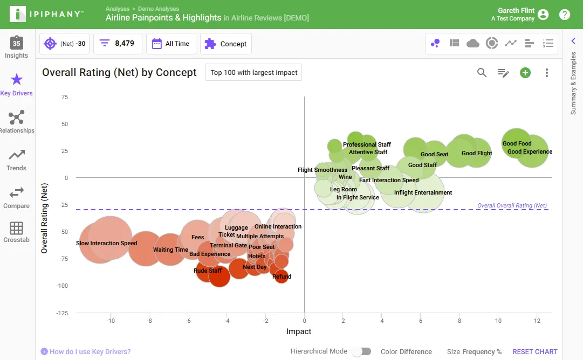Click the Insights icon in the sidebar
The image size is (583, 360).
16,43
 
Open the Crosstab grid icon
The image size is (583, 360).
16,228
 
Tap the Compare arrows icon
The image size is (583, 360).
16,192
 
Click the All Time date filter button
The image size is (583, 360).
171,44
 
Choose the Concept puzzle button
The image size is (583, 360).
225,44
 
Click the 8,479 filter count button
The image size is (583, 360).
118,44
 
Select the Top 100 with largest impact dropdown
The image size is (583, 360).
253,72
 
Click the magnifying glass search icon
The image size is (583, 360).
482,72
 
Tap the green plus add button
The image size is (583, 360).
525,73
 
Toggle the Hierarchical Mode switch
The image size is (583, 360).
362,351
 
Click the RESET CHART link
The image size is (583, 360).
534,351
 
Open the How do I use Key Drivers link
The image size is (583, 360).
90,351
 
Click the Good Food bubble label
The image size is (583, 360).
517,143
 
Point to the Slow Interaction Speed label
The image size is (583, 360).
106,243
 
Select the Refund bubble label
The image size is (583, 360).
282,276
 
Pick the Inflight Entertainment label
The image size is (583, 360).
423,192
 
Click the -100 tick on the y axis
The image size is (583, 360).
62,286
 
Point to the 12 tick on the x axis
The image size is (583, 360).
537,321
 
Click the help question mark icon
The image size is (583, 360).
565,15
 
